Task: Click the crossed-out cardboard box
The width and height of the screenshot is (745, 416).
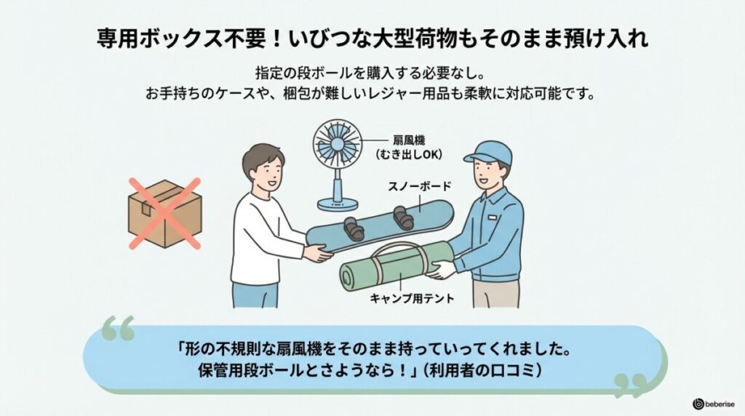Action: coord(164,213)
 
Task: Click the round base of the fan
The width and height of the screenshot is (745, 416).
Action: coord(339,206)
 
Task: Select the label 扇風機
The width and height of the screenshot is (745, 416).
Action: coord(410,140)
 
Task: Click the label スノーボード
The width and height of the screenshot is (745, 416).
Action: coord(419,187)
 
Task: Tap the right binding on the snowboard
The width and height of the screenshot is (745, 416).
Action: coord(402,216)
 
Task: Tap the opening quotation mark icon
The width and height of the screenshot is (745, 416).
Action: coord(118,328)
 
